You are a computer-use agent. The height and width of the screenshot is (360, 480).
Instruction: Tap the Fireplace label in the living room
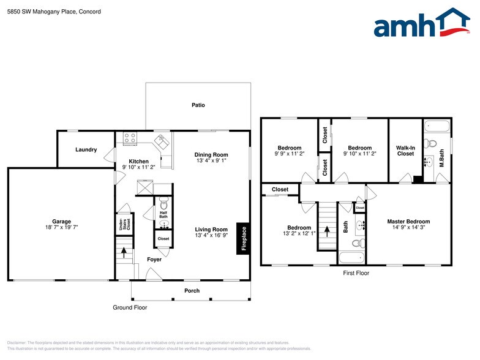click(x=243, y=238)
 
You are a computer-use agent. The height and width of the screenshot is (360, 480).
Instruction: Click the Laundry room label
click(x=86, y=149)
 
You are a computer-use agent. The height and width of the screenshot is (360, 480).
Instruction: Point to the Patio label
click(x=198, y=105)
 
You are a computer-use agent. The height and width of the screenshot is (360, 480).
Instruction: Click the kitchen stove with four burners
click(x=130, y=138)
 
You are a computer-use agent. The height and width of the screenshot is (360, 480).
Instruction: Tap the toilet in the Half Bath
click(x=163, y=201)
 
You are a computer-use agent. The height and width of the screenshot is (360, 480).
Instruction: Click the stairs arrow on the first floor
click(x=326, y=231)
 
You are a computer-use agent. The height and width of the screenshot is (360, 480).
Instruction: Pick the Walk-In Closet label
click(x=405, y=151)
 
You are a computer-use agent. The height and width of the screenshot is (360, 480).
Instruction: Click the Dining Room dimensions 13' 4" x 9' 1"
click(x=211, y=161)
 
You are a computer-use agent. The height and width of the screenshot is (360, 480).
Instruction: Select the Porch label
click(x=192, y=290)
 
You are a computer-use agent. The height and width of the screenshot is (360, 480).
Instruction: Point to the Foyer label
click(x=154, y=260)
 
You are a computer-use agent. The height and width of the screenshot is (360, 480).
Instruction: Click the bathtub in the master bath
click(x=438, y=127)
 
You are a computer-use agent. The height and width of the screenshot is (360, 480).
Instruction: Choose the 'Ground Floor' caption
click(x=130, y=307)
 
